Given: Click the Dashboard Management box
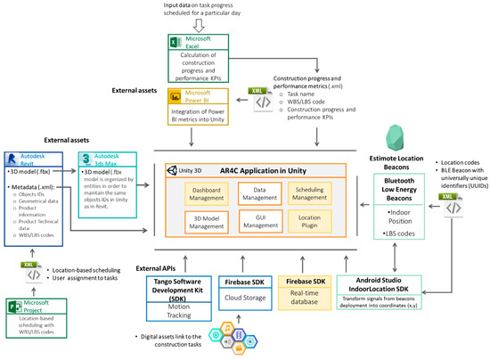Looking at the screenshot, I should tap(206, 193).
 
